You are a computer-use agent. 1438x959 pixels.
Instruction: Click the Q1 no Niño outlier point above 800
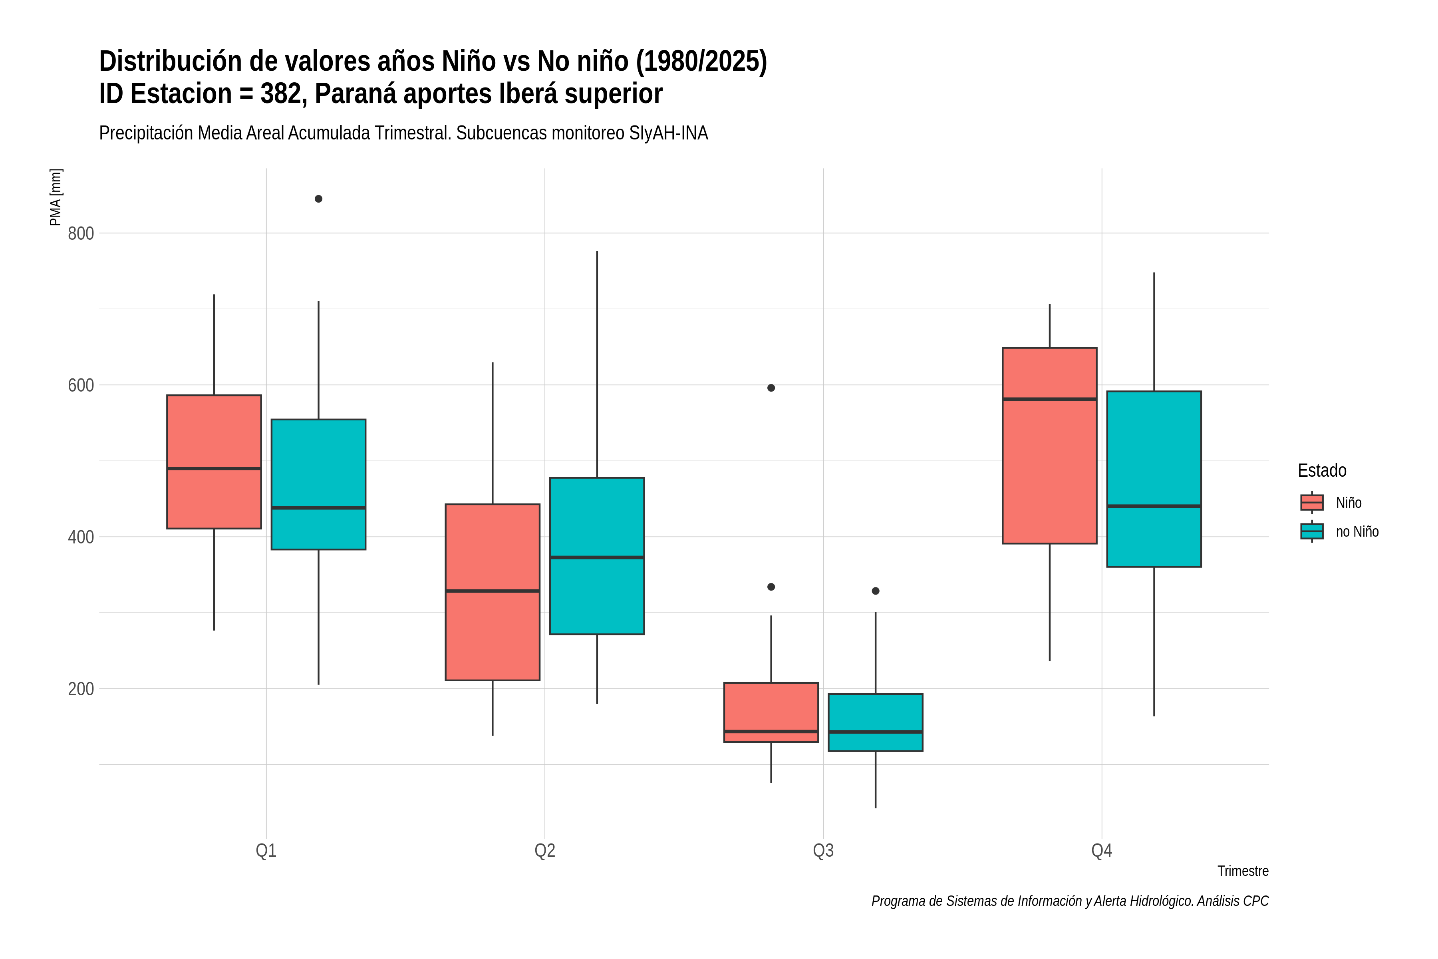(x=318, y=199)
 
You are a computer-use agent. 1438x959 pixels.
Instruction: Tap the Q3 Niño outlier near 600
(x=771, y=388)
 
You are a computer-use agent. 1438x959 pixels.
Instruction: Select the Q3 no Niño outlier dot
(x=876, y=591)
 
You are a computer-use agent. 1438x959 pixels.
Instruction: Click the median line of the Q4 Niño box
(x=1050, y=399)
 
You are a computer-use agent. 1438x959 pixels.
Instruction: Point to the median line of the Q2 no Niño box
(x=597, y=557)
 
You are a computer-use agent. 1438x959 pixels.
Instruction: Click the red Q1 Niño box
(x=214, y=462)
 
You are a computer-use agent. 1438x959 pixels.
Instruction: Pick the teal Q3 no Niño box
(x=876, y=722)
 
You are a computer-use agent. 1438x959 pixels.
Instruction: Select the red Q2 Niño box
(x=493, y=592)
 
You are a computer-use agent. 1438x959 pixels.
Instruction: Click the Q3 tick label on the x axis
(x=823, y=850)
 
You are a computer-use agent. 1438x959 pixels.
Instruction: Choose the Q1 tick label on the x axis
(x=266, y=850)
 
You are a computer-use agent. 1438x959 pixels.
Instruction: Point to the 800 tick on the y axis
(x=81, y=233)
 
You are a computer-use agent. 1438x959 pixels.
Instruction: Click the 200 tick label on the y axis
(x=81, y=688)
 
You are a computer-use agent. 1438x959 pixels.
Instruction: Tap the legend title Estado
(x=1322, y=470)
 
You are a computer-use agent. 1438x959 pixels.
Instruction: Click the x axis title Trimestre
(x=1243, y=871)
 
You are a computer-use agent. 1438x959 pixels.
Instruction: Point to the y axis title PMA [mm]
(x=56, y=197)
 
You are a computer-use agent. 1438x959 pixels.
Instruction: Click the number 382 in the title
(x=284, y=94)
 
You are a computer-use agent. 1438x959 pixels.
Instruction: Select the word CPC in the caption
(x=1256, y=901)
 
